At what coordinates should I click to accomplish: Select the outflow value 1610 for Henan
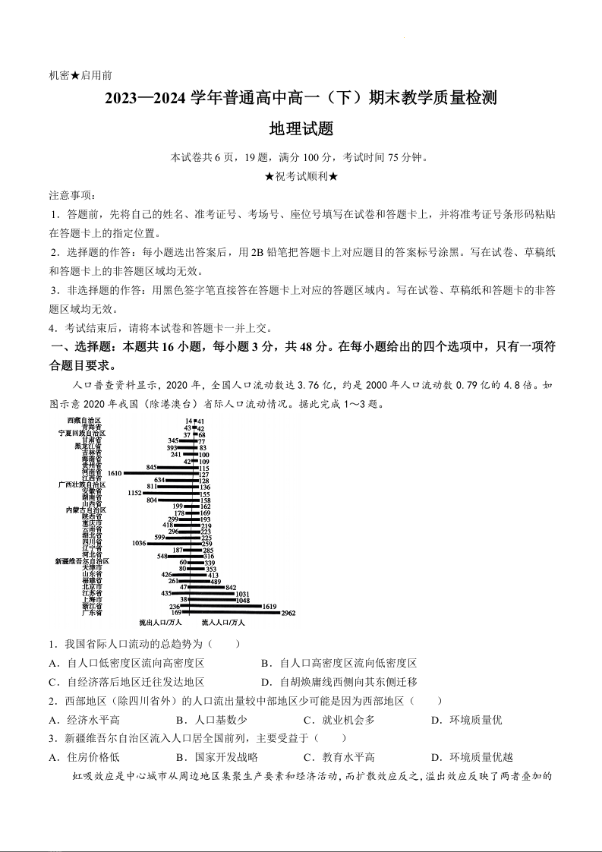point(115,473)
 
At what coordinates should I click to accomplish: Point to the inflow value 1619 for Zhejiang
point(269,606)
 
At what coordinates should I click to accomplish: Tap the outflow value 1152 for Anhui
point(134,494)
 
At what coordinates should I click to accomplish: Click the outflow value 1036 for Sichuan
point(138,543)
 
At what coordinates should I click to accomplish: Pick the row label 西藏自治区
point(84,420)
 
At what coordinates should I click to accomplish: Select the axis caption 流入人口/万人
point(223,623)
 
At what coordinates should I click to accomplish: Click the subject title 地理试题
point(301,129)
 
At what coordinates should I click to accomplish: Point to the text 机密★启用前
point(80,75)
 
